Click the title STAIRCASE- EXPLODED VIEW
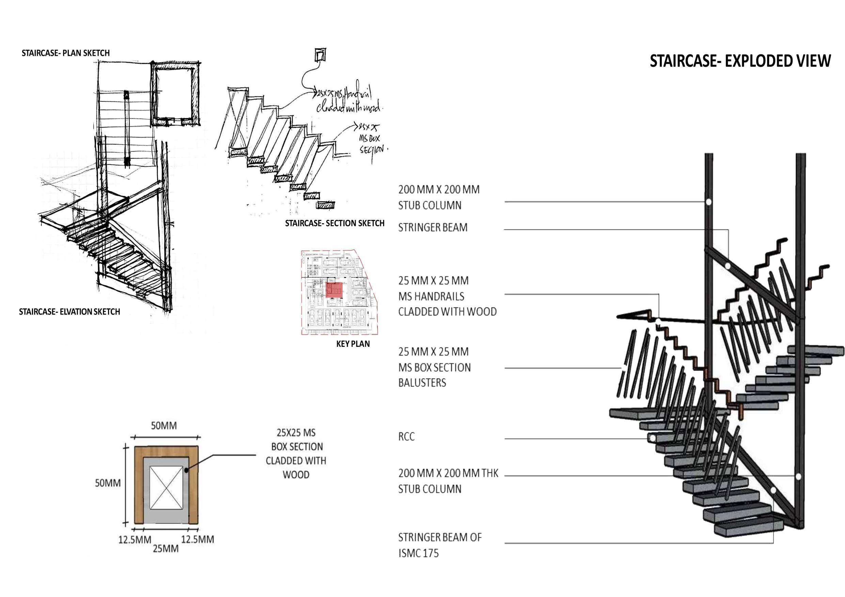tap(740, 61)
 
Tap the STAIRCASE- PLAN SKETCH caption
tap(65, 53)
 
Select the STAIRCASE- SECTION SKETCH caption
tap(334, 223)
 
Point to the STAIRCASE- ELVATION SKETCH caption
tap(69, 312)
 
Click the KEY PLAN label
tap(353, 344)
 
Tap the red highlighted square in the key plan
tap(334, 290)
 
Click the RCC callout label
tap(406, 437)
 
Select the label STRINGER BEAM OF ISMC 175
tap(439, 545)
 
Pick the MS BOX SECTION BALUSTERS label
tap(434, 367)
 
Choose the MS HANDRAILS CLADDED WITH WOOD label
tap(447, 296)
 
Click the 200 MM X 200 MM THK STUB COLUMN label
tap(448, 481)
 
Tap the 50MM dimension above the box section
tap(164, 426)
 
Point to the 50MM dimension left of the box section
tap(108, 483)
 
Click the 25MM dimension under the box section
tap(166, 549)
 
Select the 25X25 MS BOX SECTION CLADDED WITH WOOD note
tap(296, 454)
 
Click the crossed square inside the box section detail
tap(166, 487)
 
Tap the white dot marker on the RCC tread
tap(652, 438)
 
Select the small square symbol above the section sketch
tap(320, 55)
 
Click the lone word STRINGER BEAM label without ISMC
tap(433, 228)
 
